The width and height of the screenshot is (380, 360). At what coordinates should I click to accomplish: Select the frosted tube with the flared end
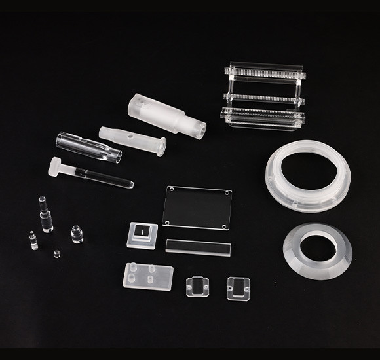point(131,139)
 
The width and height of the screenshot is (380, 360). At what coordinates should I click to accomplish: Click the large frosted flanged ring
point(307,177)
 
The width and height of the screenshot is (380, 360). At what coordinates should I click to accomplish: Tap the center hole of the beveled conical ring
point(319,247)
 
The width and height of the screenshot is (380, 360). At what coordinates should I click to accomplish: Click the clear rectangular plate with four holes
point(198,207)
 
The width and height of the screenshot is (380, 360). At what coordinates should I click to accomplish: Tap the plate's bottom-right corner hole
point(225,225)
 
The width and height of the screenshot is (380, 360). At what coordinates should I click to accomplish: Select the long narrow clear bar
point(199,247)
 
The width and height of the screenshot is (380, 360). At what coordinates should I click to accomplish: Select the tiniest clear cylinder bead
point(55,253)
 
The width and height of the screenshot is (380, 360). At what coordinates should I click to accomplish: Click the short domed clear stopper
point(77,234)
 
